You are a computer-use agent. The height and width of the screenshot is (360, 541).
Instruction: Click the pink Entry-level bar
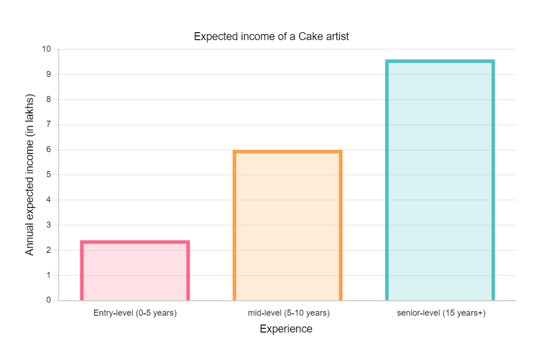click(x=135, y=271)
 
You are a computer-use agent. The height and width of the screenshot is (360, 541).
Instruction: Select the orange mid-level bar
click(x=287, y=225)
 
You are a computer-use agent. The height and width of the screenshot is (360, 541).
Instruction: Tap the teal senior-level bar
click(x=440, y=180)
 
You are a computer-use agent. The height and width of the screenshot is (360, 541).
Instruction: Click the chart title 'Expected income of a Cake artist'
click(x=271, y=36)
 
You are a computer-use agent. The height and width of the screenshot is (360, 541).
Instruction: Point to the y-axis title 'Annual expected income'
click(x=30, y=175)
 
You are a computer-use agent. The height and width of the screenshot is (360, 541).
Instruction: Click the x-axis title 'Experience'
click(x=286, y=329)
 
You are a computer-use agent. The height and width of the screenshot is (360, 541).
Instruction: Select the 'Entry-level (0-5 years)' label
click(x=135, y=313)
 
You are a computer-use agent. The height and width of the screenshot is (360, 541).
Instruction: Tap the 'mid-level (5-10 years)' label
click(x=288, y=313)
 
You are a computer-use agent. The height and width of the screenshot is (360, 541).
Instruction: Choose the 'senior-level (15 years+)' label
click(x=441, y=313)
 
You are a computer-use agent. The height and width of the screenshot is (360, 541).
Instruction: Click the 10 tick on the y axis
click(x=46, y=49)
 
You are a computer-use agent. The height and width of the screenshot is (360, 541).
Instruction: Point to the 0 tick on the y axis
click(x=49, y=300)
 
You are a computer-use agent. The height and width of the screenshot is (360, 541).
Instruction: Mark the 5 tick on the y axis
click(x=49, y=175)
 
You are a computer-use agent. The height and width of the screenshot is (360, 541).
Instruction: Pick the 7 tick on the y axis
click(x=49, y=125)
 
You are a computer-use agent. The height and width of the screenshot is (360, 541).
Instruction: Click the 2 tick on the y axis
click(x=49, y=250)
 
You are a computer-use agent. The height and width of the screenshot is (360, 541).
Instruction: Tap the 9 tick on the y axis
click(x=49, y=74)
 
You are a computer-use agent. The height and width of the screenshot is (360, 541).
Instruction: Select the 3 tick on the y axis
click(x=49, y=225)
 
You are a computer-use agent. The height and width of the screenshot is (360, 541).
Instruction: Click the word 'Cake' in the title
click(x=309, y=36)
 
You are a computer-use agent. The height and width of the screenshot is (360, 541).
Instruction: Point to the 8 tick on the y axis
click(x=49, y=99)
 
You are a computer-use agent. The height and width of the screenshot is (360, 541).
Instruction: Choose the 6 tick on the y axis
click(x=49, y=150)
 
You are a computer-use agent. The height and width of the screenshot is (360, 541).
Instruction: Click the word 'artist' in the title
click(x=336, y=36)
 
